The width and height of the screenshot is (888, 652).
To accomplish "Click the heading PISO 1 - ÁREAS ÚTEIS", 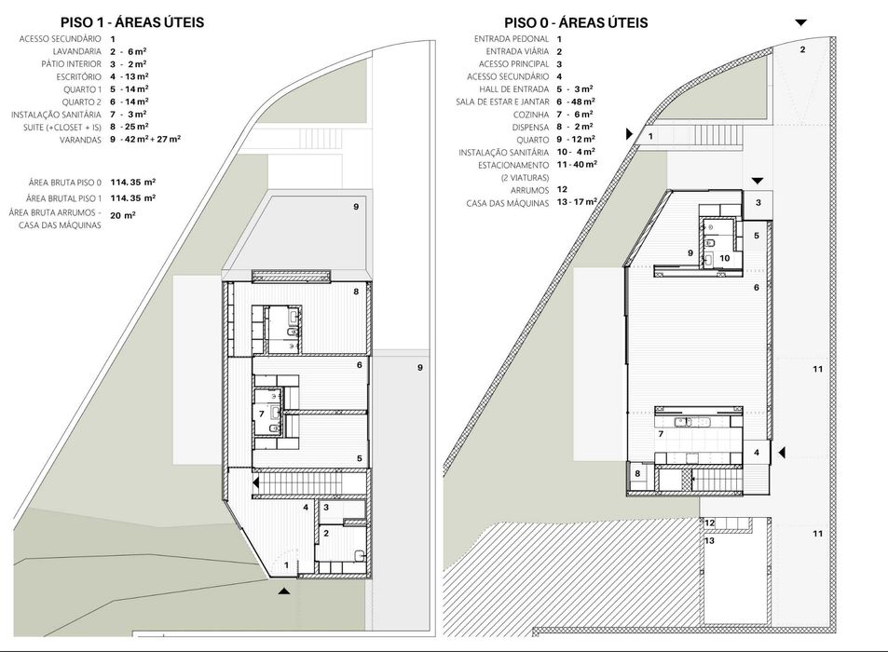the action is coord(132,22).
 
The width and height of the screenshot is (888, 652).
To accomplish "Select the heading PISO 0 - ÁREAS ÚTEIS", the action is coord(576,22).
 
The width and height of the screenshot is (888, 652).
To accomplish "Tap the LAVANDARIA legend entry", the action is coord(77,51).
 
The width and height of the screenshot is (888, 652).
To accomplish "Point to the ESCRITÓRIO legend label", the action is coord(78,77).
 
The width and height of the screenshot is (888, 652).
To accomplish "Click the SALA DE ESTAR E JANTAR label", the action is coord(502,102).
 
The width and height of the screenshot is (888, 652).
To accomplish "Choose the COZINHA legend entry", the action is coord(531,115).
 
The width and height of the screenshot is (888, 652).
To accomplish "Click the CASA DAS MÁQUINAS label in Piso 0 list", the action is coord(508,203).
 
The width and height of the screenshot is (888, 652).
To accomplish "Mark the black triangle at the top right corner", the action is coord(800,22).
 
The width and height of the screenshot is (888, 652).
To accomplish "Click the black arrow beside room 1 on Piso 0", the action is coord(629,134).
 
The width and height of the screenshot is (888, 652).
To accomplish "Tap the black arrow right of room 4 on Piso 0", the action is coord(782,453).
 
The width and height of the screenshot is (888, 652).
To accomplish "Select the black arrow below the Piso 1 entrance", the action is coord(284,591).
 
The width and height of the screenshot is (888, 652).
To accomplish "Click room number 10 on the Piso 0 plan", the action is coord(724,258).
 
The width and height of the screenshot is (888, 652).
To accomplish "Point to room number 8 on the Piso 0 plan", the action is coord(637,473).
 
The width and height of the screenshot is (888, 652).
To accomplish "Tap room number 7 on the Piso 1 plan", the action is coord(262,414).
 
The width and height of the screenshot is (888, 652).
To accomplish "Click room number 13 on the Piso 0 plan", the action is coord(709,540).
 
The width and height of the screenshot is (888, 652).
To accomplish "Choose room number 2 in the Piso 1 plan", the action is coord(326,533).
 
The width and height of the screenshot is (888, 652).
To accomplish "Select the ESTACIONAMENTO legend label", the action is coord(513,165).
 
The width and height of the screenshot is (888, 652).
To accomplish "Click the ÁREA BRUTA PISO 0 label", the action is coord(65,183).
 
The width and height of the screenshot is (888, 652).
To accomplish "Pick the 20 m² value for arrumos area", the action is coord(123,215).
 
